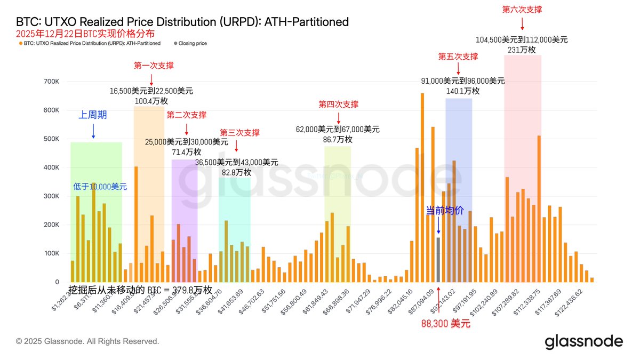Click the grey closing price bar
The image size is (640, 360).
pos(438,260)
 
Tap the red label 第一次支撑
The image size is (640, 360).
pos(154,66)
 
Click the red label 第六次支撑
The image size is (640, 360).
pos(522,9)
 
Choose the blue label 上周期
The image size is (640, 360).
pos(93,114)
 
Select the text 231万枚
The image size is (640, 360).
pos(522,50)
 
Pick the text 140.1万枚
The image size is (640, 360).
pos(462,91)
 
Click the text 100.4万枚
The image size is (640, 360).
pos(151,101)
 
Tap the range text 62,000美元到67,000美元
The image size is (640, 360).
pos(338,129)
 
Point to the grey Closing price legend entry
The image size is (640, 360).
pos(192,43)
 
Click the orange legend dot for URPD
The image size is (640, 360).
pos(20,43)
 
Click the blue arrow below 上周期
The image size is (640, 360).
pos(93,131)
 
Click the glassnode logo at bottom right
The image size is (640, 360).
pos(583,341)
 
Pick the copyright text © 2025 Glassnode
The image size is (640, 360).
pos(87,341)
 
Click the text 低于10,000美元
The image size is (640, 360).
pos(100,187)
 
